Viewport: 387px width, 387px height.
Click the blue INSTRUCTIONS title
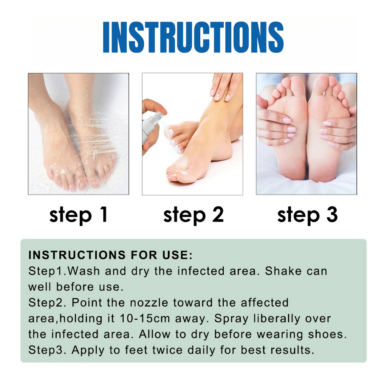[193, 37]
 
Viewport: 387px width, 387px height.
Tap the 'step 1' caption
[79, 215]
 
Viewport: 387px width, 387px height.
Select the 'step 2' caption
[193, 215]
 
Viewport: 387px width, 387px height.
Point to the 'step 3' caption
[307, 215]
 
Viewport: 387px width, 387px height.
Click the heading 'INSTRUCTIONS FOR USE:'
[110, 255]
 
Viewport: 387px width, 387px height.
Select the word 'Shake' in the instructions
[283, 271]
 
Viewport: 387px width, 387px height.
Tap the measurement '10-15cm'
[145, 318]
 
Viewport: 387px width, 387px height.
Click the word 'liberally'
[277, 319]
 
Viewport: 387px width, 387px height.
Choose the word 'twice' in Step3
[167, 350]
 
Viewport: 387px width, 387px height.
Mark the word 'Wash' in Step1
[84, 271]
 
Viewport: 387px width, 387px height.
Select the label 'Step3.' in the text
[47, 351]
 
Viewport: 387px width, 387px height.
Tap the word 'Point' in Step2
[87, 303]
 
